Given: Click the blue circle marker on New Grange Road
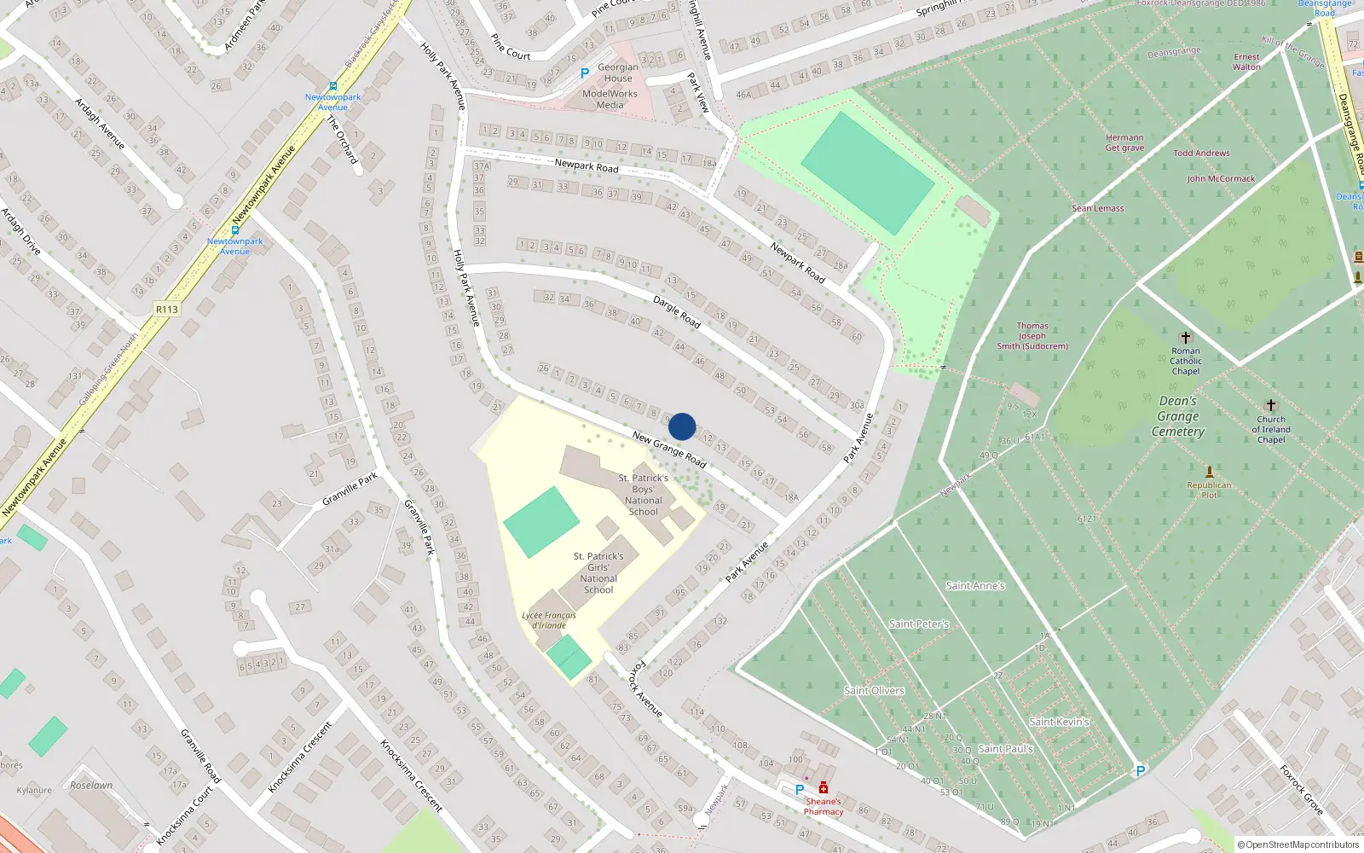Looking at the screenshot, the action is click(x=682, y=426).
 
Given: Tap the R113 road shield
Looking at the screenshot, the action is click(x=167, y=309).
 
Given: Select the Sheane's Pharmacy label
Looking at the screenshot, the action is click(x=823, y=806).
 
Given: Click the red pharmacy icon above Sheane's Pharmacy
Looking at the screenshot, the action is click(x=824, y=787).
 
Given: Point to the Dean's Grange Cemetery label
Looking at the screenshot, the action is click(x=1178, y=416).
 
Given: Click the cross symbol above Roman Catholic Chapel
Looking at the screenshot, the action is click(x=1185, y=338).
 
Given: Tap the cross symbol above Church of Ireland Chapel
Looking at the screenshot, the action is click(x=1271, y=405).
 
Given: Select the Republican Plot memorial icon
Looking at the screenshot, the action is click(x=1209, y=472).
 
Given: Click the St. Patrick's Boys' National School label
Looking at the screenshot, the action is click(x=643, y=495).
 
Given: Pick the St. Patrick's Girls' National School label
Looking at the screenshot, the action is click(x=598, y=572).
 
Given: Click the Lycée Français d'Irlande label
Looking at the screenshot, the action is click(x=549, y=620).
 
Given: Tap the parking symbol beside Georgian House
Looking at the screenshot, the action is click(x=585, y=74).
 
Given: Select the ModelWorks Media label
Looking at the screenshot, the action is click(x=610, y=99).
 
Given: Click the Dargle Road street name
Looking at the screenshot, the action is click(x=677, y=312).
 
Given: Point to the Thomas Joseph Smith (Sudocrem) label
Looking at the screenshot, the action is click(x=1032, y=336).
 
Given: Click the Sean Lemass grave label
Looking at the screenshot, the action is click(x=1098, y=208).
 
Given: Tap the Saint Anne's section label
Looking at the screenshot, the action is click(x=975, y=586).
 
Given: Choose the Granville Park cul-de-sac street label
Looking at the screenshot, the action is click(x=350, y=490).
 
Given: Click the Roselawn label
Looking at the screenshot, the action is click(x=91, y=785).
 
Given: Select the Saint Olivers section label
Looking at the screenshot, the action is click(x=874, y=691).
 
